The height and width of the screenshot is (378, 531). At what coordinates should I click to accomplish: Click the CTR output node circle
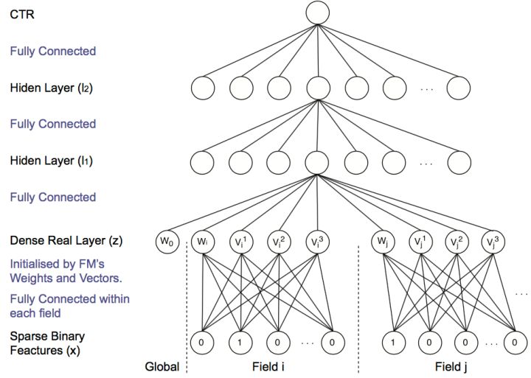click(x=317, y=13)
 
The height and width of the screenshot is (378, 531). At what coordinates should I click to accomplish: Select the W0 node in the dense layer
click(x=167, y=242)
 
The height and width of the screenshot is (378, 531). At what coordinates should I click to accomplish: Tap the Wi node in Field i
click(x=203, y=242)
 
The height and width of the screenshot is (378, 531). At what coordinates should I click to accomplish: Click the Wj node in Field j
click(x=383, y=242)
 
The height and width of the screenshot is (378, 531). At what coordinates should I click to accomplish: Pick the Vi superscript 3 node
click(x=317, y=242)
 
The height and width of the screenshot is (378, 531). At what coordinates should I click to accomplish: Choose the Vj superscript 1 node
click(x=420, y=242)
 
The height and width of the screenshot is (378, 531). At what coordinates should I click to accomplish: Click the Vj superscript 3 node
click(x=493, y=242)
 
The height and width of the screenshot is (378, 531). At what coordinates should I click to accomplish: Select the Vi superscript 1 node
click(x=241, y=242)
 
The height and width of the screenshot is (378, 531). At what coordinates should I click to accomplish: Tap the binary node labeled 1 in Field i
click(x=240, y=343)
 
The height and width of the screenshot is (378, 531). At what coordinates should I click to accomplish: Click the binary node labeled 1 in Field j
click(x=394, y=343)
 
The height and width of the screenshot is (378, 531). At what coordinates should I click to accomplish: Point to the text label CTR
click(x=22, y=15)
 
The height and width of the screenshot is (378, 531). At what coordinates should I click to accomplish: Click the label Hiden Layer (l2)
click(x=51, y=88)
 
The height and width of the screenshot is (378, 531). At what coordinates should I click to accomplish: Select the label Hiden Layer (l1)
click(x=51, y=161)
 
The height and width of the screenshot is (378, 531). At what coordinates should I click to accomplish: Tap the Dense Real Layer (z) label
click(x=66, y=241)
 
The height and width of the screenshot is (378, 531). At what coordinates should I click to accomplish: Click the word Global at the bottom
click(x=162, y=367)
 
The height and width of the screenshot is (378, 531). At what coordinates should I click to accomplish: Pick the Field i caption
click(x=268, y=367)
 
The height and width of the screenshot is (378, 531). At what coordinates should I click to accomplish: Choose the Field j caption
click(x=451, y=367)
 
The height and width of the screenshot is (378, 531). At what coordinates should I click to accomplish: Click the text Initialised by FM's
click(x=57, y=265)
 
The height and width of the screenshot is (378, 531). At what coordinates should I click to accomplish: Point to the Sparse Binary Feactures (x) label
click(x=47, y=343)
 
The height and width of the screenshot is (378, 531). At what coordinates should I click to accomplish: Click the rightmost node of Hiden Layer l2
click(x=459, y=88)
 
